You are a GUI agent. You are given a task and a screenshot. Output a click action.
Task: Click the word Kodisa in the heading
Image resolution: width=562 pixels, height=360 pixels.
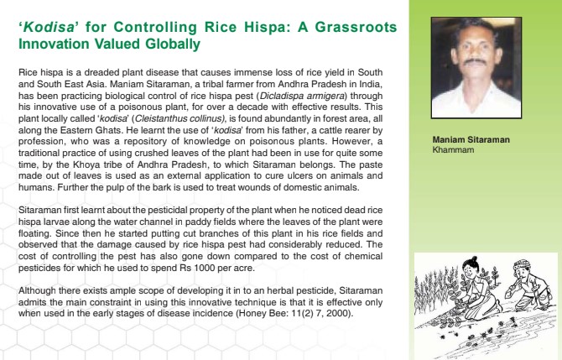point(47,27)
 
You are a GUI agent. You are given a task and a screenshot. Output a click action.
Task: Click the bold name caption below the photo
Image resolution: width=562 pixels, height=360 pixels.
point(471,138)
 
